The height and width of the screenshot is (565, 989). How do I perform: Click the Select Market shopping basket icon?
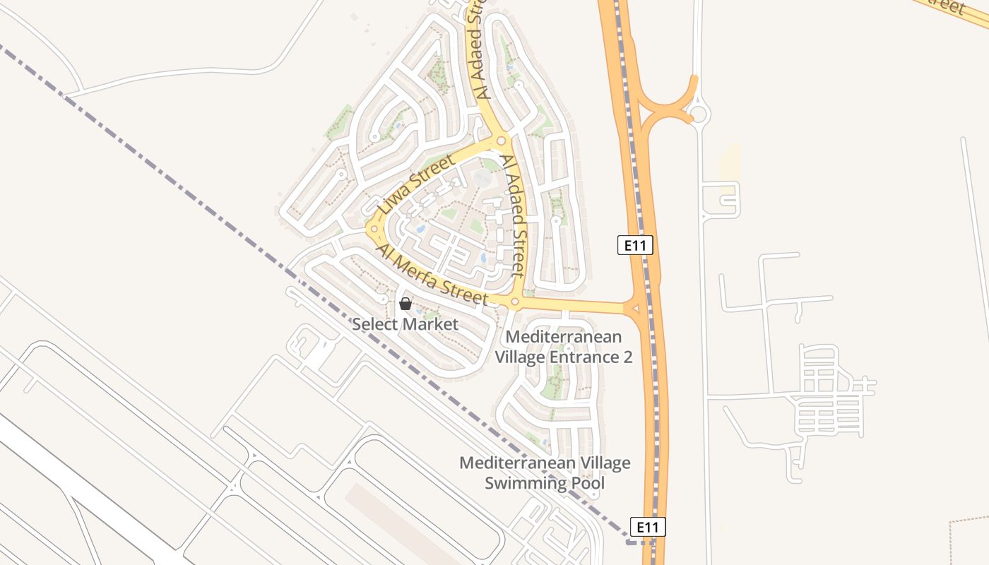click(x=405, y=304)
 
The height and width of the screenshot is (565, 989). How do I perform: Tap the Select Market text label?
click(x=405, y=325)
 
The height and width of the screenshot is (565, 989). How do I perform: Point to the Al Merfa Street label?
click(x=432, y=275)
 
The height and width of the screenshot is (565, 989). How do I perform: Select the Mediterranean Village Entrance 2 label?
click(x=563, y=347)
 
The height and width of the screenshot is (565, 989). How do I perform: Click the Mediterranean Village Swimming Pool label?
click(x=545, y=473)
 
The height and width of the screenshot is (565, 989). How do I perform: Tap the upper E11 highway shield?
click(x=635, y=245)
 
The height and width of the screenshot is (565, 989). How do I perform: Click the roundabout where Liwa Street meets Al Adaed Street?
click(x=501, y=141)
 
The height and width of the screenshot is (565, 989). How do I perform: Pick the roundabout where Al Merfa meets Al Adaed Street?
click(x=514, y=302)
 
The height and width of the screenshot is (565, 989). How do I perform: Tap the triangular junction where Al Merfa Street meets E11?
click(x=634, y=307)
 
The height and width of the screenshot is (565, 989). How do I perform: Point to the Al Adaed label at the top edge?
click(x=478, y=49)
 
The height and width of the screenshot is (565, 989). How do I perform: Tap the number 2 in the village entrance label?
click(x=627, y=357)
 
